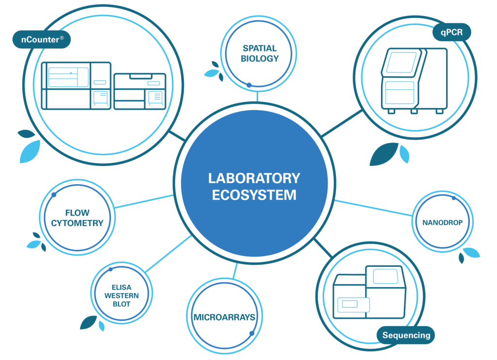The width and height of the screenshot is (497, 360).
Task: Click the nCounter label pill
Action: [x=42, y=39]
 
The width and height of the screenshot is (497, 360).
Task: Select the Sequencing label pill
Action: [x=406, y=335]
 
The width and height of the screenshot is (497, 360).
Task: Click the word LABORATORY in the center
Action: [x=254, y=178]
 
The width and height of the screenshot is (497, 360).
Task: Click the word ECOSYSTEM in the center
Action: [x=254, y=195]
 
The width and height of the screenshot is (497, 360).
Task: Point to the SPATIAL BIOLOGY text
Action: [x=260, y=53]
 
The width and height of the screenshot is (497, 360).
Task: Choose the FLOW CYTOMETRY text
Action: [x=78, y=218]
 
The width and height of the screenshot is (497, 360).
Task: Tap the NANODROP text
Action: [x=443, y=223]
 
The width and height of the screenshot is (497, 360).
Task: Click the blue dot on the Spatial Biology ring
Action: [x=249, y=85]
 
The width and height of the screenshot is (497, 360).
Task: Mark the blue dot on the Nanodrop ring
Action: [x=454, y=198]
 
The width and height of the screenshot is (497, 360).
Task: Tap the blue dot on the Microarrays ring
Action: [x=252, y=333]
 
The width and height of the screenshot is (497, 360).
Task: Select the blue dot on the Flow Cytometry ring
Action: [x=54, y=195]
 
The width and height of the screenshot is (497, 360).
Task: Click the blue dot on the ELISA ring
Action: [x=111, y=269]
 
